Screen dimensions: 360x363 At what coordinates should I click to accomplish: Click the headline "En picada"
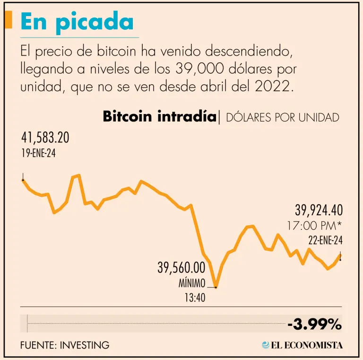(x=77, y=22)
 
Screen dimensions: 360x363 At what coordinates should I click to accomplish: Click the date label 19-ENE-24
(x=38, y=153)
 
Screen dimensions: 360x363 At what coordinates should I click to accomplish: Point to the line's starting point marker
(x=23, y=180)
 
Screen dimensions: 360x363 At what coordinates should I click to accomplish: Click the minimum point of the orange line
(x=216, y=286)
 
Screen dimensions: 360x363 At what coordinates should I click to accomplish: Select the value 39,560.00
(x=181, y=268)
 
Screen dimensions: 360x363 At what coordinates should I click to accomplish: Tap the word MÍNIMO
(x=192, y=284)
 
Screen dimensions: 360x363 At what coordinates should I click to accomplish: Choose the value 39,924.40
(x=319, y=210)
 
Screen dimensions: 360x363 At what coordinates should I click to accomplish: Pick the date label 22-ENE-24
(x=325, y=240)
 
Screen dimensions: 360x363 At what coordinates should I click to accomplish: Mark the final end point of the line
(x=341, y=259)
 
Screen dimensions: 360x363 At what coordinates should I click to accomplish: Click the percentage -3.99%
(x=314, y=325)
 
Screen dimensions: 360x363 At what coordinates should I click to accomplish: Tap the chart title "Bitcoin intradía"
(x=159, y=116)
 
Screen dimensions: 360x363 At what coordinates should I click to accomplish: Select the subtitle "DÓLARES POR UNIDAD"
(x=282, y=117)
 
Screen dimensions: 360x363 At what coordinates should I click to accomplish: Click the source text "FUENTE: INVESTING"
(x=65, y=345)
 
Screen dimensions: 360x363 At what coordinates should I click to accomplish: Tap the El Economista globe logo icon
(x=266, y=345)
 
